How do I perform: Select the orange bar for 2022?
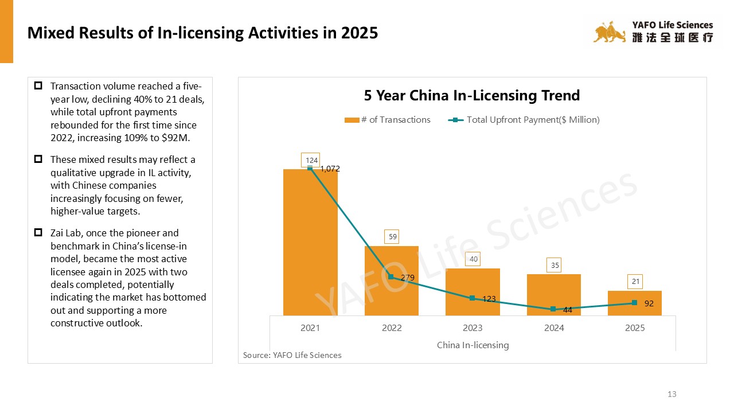pyautogui.click(x=392, y=280)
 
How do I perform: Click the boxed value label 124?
pyautogui.click(x=310, y=160)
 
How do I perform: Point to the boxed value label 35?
pyautogui.click(x=554, y=266)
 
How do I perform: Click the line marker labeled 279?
pyautogui.click(x=391, y=277)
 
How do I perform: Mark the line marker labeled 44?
pyautogui.click(x=553, y=309)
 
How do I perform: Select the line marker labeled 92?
pyautogui.click(x=634, y=303)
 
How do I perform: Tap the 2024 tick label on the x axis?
pyautogui.click(x=554, y=328)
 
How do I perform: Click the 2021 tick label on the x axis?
pyautogui.click(x=310, y=328)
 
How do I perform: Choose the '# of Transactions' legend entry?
pyautogui.click(x=388, y=120)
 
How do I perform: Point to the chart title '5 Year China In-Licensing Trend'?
pyautogui.click(x=472, y=95)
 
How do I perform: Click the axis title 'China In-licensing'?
pyautogui.click(x=473, y=345)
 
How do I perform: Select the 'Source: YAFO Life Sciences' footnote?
pyautogui.click(x=292, y=355)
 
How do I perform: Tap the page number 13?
pyautogui.click(x=672, y=394)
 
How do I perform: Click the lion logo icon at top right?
pyautogui.click(x=610, y=33)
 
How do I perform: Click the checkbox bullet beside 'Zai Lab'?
pyautogui.click(x=38, y=232)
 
